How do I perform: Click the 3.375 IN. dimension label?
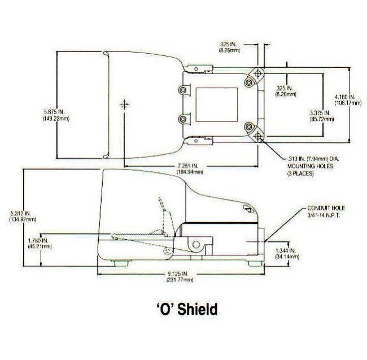coord(319,115)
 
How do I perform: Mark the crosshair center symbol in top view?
coord(124,105)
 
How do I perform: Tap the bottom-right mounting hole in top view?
coord(258,137)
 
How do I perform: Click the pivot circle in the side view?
coord(196,245)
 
